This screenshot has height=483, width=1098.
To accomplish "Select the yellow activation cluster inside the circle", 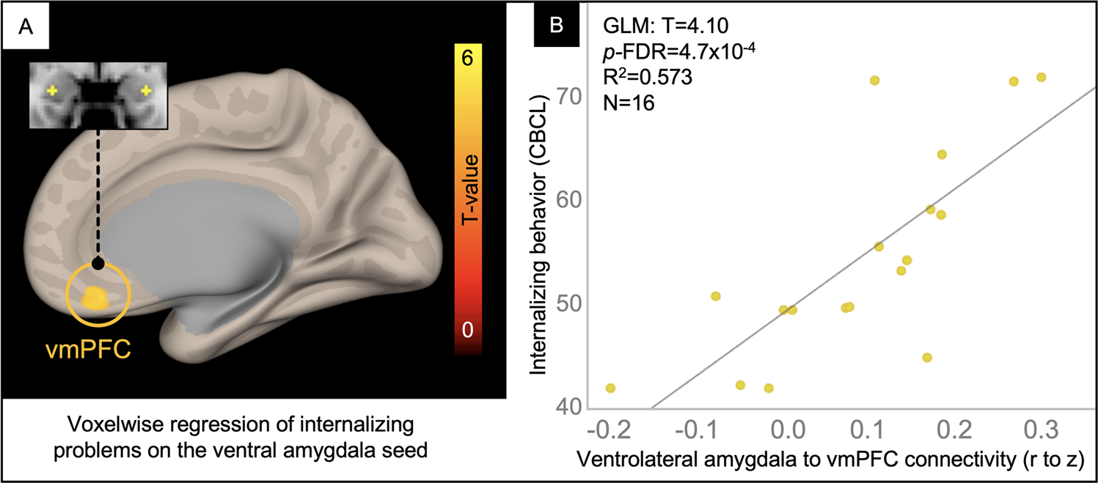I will click(95, 298).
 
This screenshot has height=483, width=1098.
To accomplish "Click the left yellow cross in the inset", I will click(52, 91).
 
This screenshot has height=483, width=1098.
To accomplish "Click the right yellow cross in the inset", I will click(147, 91).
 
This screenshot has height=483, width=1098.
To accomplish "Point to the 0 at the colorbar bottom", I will click(467, 330).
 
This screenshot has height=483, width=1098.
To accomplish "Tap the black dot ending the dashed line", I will click(98, 263).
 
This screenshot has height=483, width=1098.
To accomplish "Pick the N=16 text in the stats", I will click(629, 103).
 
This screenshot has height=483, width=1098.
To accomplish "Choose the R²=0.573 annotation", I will click(648, 78).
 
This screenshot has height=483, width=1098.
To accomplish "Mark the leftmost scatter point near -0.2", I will click(610, 388).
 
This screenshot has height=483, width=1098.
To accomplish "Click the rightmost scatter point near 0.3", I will click(1040, 78).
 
